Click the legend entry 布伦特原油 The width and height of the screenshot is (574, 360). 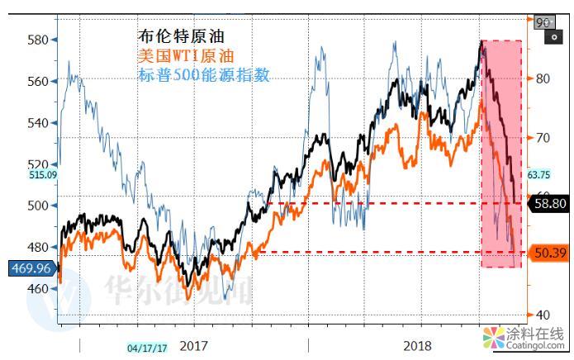(x=180, y=36)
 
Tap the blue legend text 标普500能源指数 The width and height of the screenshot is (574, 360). (x=203, y=75)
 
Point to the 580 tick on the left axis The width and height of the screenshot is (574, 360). (x=36, y=40)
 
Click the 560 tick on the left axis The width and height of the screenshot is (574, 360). (x=36, y=81)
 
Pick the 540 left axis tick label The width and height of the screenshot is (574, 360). (x=36, y=123)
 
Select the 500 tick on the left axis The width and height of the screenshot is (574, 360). (x=36, y=206)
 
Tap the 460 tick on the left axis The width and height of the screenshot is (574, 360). (x=36, y=289)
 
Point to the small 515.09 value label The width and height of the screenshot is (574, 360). (x=18, y=175)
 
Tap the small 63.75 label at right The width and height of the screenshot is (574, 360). (x=538, y=174)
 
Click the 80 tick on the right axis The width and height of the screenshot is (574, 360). (x=542, y=79)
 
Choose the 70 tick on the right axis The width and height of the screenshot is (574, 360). (x=542, y=137)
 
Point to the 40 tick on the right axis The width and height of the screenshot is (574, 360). (x=542, y=315)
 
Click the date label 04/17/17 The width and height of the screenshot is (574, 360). (x=147, y=348)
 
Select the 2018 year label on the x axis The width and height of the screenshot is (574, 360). (x=418, y=346)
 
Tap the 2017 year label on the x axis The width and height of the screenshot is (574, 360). (x=193, y=346)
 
